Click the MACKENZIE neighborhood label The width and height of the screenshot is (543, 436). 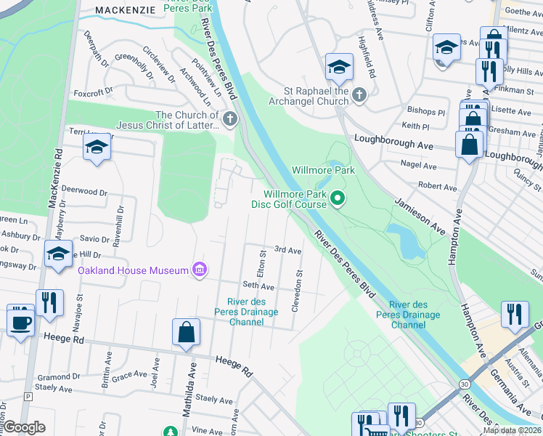coord(126,9)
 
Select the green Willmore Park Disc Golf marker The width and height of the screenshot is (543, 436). coord(338,198)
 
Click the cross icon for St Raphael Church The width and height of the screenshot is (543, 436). coord(359,95)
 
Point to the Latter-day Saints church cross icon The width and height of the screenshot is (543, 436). coord(230,119)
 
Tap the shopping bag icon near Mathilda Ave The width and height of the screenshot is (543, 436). coord(187,332)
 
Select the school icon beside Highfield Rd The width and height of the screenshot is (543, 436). coord(338,68)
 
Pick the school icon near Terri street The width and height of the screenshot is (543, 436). coord(97,148)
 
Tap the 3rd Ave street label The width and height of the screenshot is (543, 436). coord(287,250)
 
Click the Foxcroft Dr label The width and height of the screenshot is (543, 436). coord(93,93)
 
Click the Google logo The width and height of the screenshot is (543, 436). coord(25,427)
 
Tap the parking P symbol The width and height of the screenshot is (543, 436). coord(28,397)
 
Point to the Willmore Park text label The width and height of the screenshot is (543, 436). coord(323,170)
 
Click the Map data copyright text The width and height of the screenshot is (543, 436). coord(512,430)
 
